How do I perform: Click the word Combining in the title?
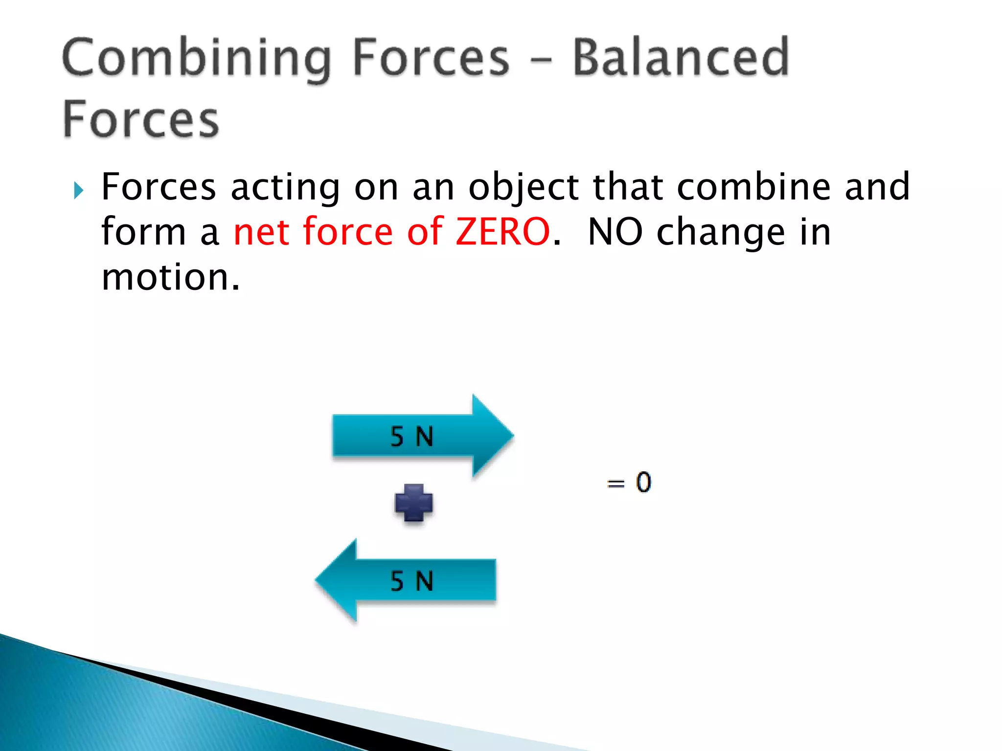(196, 59)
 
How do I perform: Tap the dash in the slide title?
(541, 62)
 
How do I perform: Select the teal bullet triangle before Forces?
(78, 190)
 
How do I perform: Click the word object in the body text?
(524, 188)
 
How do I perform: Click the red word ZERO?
(502, 232)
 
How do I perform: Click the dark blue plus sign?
(413, 503)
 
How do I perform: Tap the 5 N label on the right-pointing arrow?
(411, 436)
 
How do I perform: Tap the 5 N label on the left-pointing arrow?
(411, 581)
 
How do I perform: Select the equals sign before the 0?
(615, 484)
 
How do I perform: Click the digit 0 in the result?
(643, 482)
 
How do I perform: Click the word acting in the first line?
(285, 188)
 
